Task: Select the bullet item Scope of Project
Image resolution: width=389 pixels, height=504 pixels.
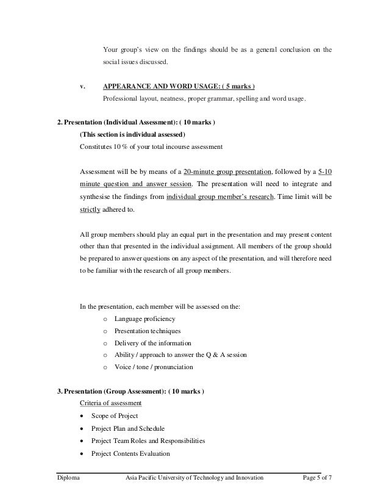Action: pyautogui.click(x=114, y=416)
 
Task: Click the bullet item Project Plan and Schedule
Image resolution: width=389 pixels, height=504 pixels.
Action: pyautogui.click(x=127, y=428)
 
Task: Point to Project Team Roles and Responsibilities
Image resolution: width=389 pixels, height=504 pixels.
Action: pyautogui.click(x=148, y=441)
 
